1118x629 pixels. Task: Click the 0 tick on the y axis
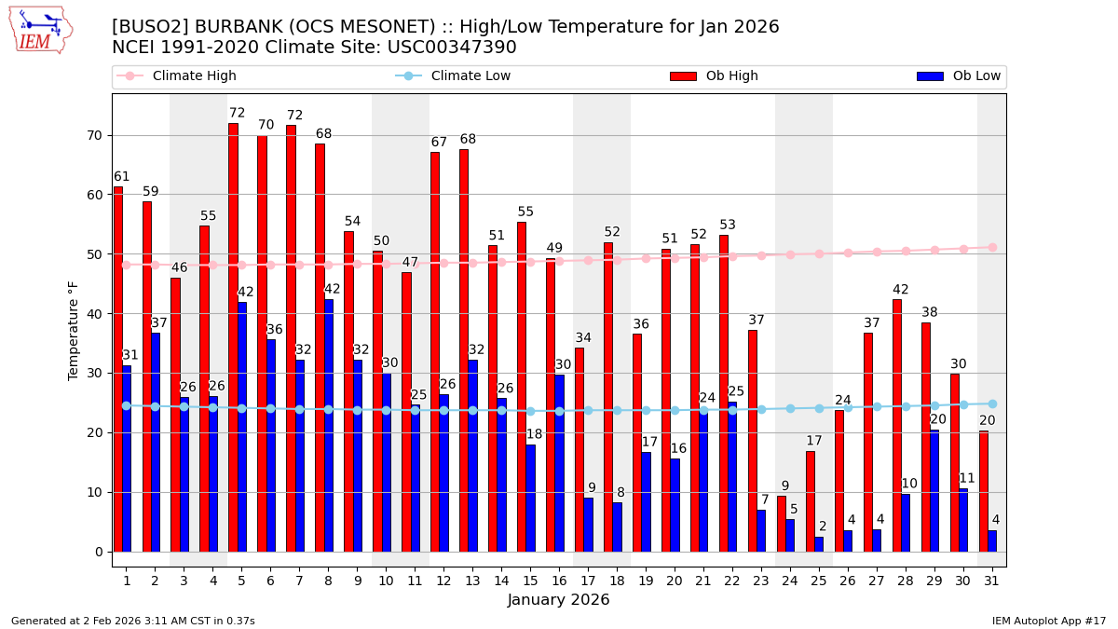(98, 552)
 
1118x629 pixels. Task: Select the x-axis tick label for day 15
(530, 581)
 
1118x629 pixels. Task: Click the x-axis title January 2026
(558, 600)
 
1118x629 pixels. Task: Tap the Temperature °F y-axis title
(74, 330)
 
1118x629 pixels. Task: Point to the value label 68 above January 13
(468, 140)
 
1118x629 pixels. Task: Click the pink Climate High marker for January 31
(992, 247)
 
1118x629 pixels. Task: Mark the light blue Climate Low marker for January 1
(127, 405)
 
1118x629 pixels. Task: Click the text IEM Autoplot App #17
(1048, 621)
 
